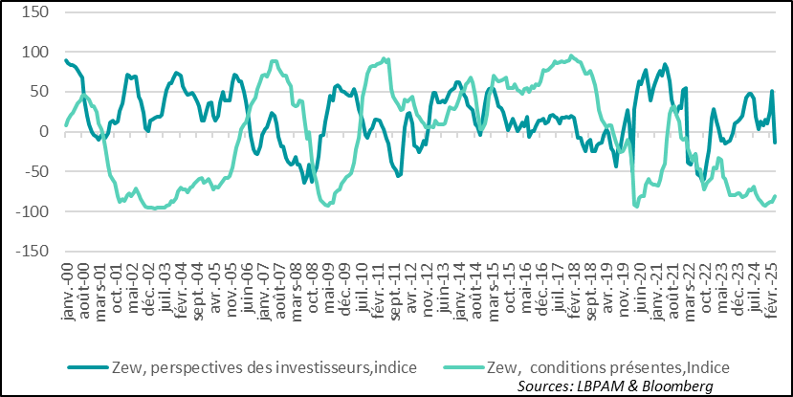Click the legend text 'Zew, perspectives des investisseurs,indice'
244,365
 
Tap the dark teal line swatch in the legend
90,366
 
